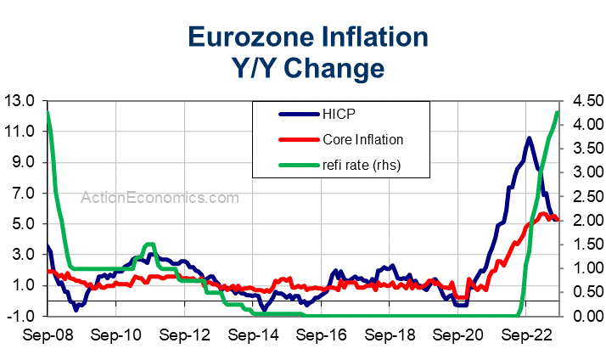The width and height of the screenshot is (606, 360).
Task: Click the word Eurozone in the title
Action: click(246, 37)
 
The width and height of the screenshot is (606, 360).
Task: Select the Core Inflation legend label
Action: click(363, 139)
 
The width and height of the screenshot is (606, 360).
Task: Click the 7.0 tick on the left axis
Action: click(23, 193)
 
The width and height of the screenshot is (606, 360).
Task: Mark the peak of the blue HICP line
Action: click(529, 138)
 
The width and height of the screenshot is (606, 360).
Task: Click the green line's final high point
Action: click(557, 112)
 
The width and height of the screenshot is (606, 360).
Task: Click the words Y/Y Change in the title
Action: click(308, 66)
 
